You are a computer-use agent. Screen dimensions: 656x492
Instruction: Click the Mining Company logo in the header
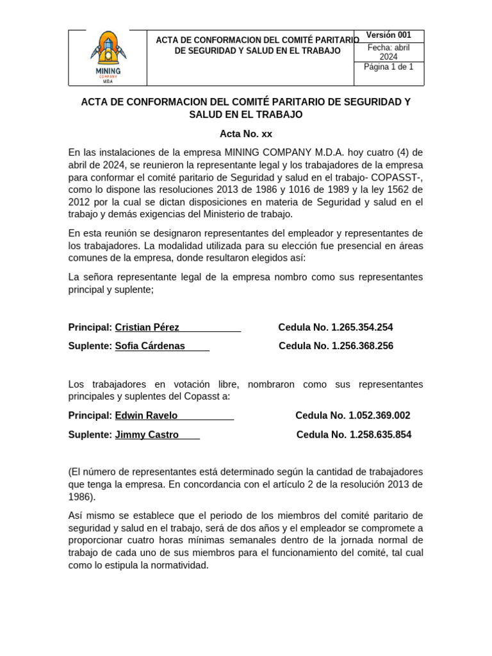(107, 58)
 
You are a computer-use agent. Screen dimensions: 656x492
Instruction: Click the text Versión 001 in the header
(388, 35)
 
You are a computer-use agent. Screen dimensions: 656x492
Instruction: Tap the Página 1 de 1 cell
(388, 67)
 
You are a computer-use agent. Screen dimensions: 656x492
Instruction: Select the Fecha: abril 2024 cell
(388, 52)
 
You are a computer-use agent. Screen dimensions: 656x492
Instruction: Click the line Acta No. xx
(246, 134)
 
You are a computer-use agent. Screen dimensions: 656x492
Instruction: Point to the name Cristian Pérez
(147, 327)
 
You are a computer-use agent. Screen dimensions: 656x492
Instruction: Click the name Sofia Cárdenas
(150, 346)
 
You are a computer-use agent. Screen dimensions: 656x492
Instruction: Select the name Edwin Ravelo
(146, 415)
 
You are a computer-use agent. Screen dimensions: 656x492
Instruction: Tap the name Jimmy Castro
(147, 434)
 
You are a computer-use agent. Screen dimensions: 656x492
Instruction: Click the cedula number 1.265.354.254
(362, 327)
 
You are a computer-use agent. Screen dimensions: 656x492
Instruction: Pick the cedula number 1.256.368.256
(362, 346)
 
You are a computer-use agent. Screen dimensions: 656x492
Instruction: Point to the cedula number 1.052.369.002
(379, 415)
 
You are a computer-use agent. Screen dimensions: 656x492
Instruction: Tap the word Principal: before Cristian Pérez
(90, 327)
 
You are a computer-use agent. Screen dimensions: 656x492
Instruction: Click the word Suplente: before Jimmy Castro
(90, 434)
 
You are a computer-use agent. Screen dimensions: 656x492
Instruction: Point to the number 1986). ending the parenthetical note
(81, 496)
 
